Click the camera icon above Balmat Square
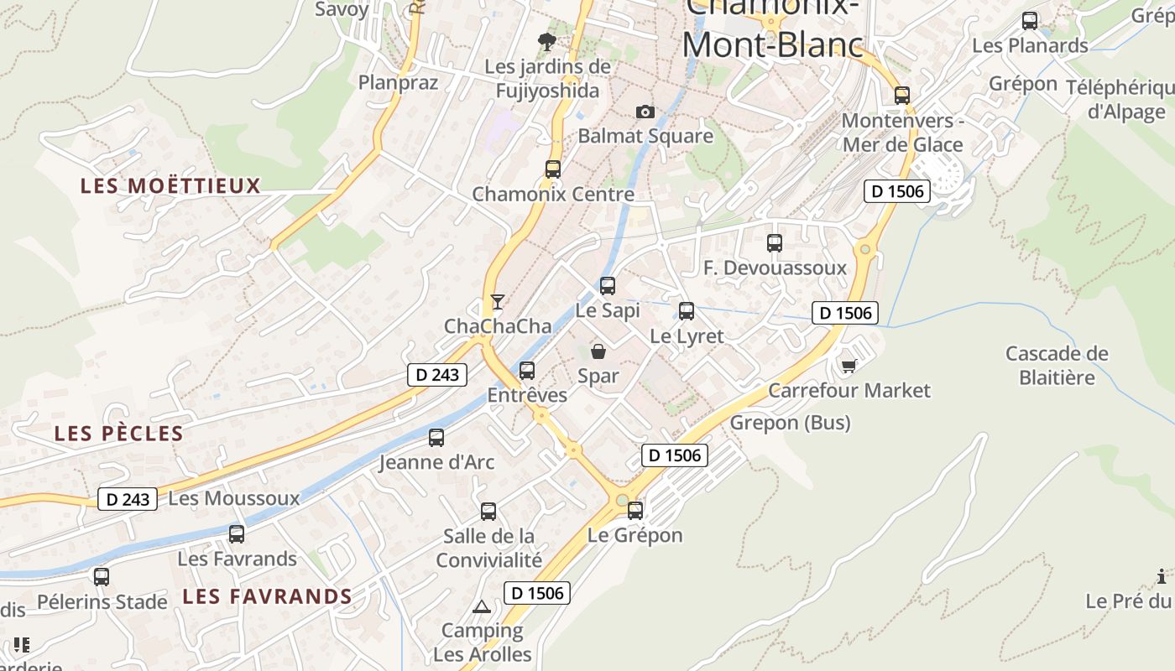pyautogui.click(x=645, y=112)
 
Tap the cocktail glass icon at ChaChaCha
pyautogui.click(x=498, y=302)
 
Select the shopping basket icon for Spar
pyautogui.click(x=598, y=351)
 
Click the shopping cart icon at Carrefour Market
pyautogui.click(x=849, y=366)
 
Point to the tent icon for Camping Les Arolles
pyautogui.click(x=481, y=606)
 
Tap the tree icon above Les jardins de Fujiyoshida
pyautogui.click(x=547, y=41)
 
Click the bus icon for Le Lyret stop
pyautogui.click(x=687, y=311)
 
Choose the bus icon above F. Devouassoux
pyautogui.click(x=775, y=243)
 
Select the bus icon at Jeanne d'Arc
pyautogui.click(x=436, y=437)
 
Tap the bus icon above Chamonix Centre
pyautogui.click(x=553, y=169)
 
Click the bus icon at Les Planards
pyautogui.click(x=1030, y=21)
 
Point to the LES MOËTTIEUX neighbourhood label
pyautogui.click(x=171, y=185)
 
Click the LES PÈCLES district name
pyautogui.click(x=118, y=434)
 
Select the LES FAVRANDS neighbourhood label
pyautogui.click(x=267, y=596)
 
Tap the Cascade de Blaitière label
pyautogui.click(x=1057, y=366)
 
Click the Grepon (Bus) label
pyautogui.click(x=790, y=422)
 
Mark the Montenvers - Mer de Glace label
pyautogui.click(x=902, y=133)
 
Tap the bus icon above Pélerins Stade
pyautogui.click(x=102, y=577)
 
